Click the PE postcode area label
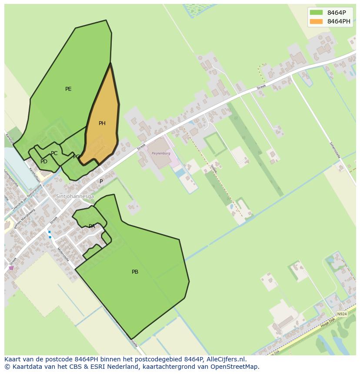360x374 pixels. [x=68, y=89]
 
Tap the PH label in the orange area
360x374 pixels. [x=102, y=123]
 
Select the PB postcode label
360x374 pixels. [x=135, y=272]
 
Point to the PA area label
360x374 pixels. [x=92, y=226]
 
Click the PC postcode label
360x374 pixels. [x=54, y=153]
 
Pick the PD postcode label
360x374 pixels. [x=44, y=162]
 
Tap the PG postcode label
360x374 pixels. [x=77, y=157]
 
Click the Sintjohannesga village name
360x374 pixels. [x=75, y=196]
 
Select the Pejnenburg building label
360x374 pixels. [x=159, y=153]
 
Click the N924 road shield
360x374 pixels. [x=342, y=314]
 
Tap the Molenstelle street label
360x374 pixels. [x=63, y=254]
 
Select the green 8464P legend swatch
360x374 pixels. [x=316, y=13]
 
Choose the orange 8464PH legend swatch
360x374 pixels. [x=316, y=21]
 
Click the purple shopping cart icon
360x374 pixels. [x=11, y=268]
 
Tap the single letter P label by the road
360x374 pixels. [x=101, y=182]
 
